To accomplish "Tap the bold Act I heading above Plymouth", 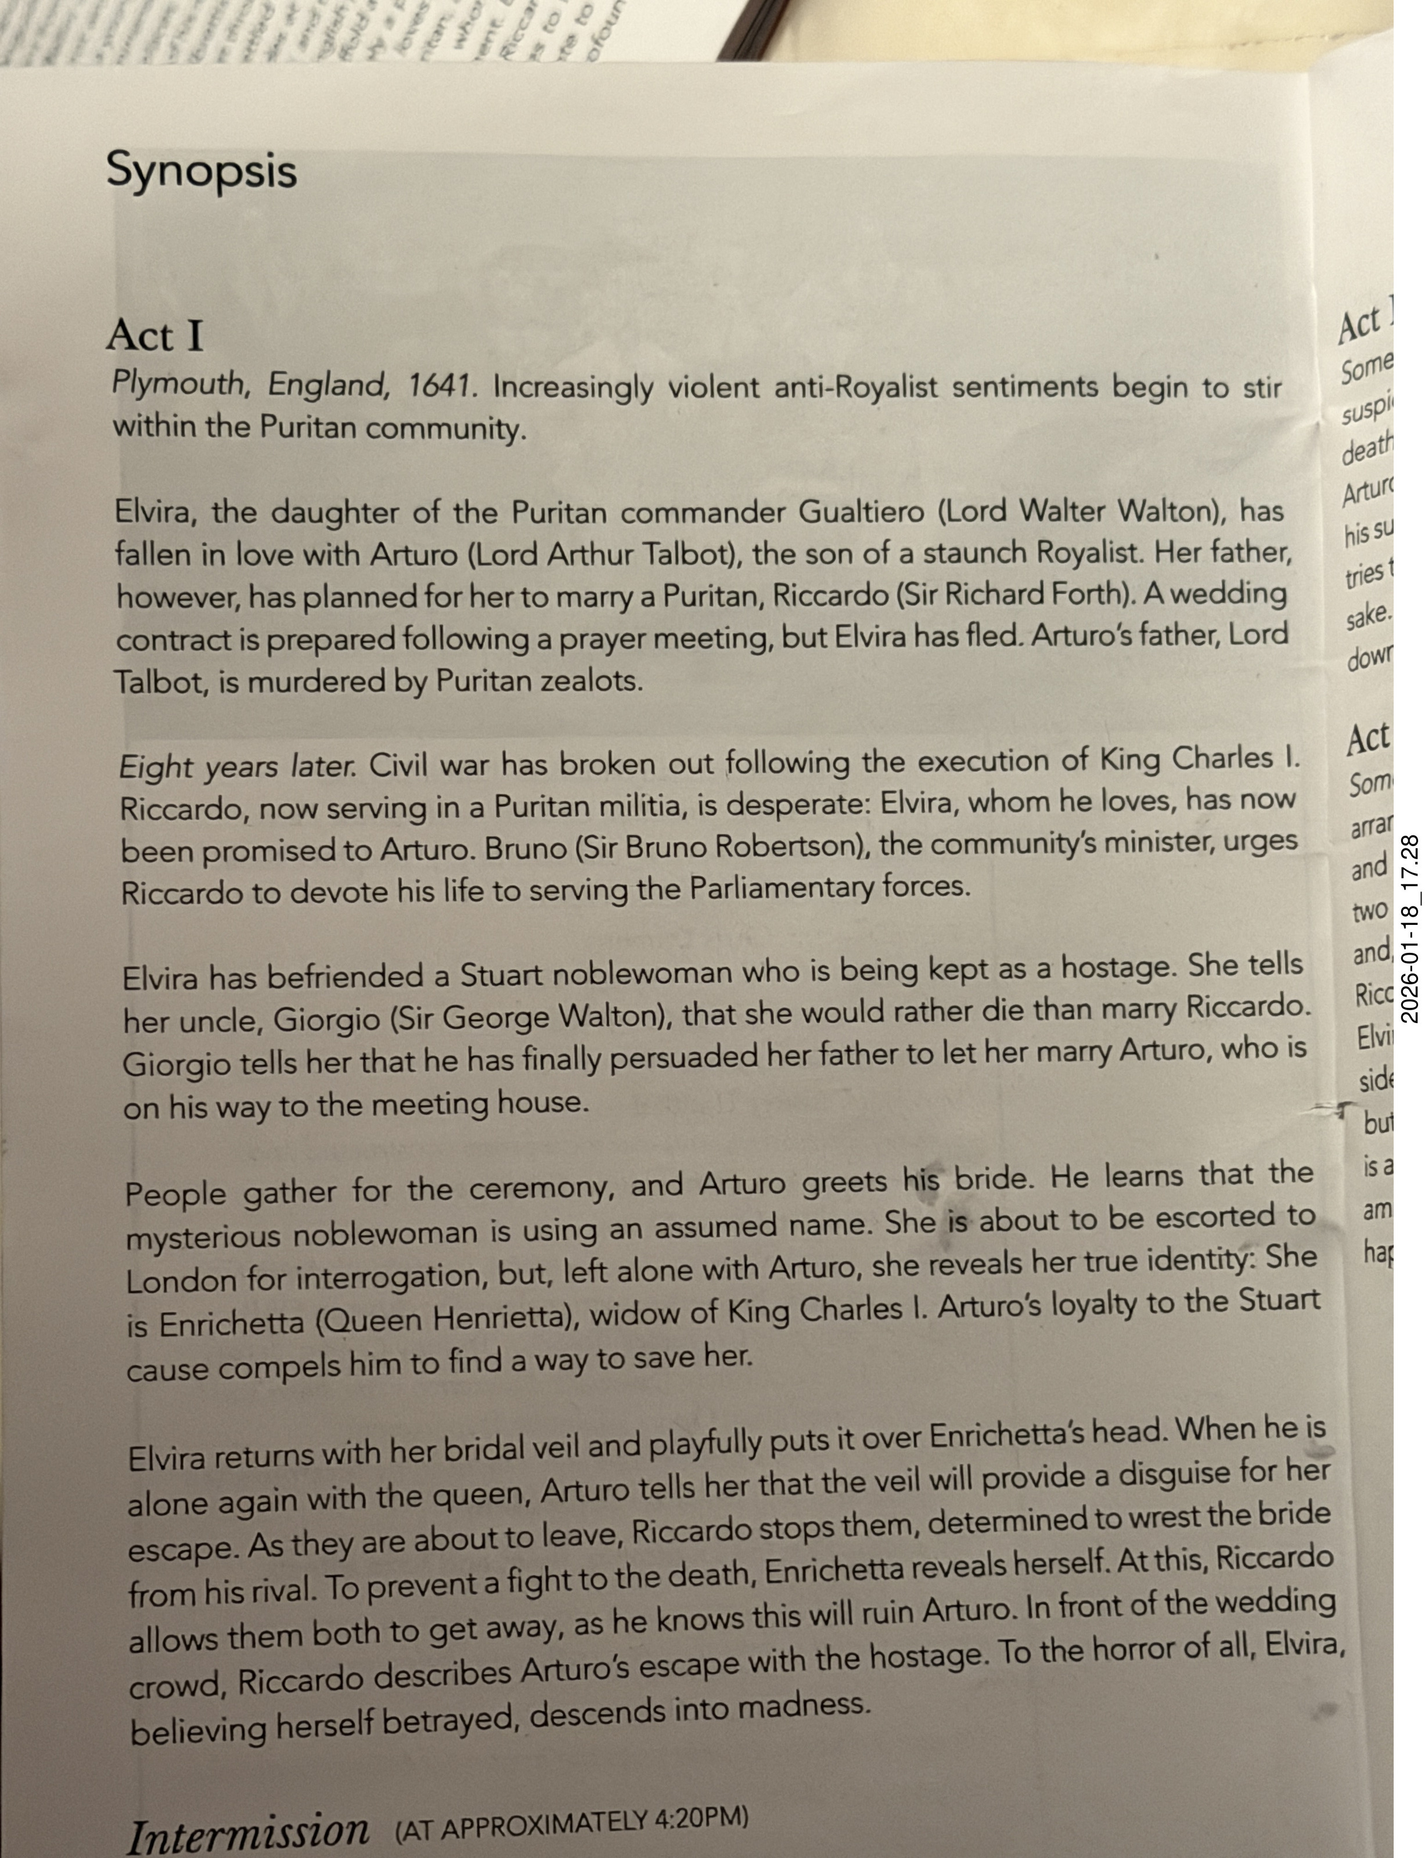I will tap(154, 336).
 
